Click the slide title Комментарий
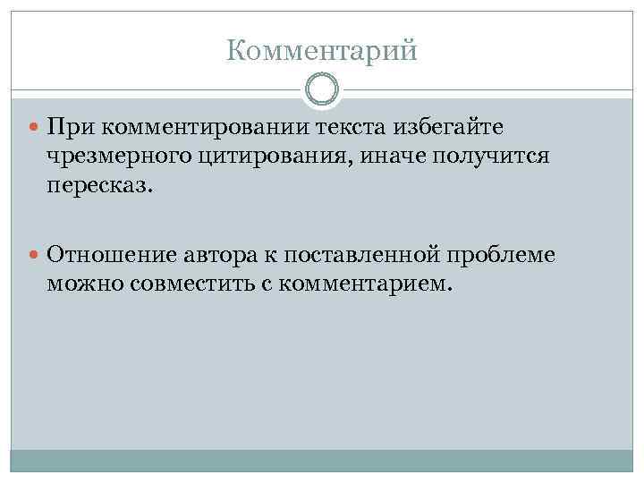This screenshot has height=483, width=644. point(322,51)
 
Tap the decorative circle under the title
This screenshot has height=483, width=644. point(322,90)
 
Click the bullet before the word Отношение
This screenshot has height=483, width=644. point(35,256)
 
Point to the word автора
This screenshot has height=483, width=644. point(220,256)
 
